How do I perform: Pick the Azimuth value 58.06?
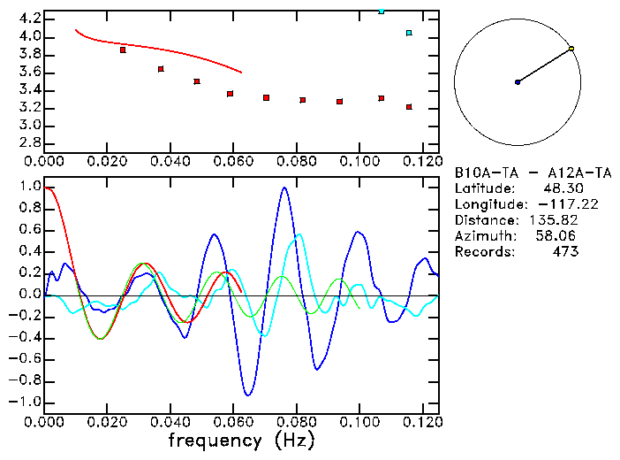point(558,236)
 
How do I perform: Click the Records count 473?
point(564,252)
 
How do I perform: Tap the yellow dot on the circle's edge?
point(572,49)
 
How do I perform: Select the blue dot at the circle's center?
point(518,82)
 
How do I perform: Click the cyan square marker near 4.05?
point(409,34)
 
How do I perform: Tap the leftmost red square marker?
point(123,50)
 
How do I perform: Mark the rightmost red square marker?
point(409,107)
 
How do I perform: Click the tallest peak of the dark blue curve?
point(284,188)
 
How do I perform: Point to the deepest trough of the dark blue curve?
point(249,395)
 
